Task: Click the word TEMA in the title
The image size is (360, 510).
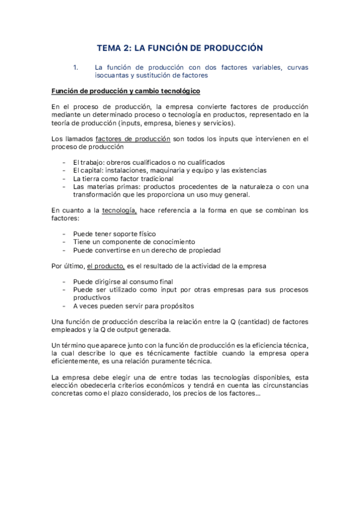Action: click(x=111, y=47)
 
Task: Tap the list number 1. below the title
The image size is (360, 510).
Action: click(x=76, y=67)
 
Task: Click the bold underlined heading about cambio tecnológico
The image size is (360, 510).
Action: click(x=126, y=91)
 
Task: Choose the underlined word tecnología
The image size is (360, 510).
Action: click(x=120, y=210)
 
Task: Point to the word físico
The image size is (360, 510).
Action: click(x=144, y=233)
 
